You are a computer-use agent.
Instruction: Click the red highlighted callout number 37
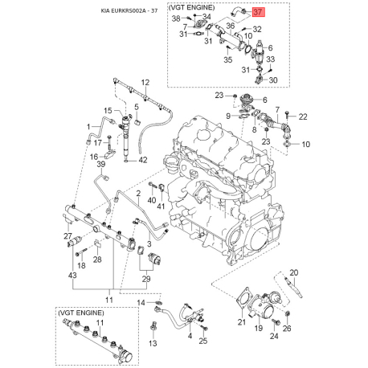[x=258, y=12]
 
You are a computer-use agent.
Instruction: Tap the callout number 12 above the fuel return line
[x=145, y=83]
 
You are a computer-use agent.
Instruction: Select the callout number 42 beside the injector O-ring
[x=143, y=160]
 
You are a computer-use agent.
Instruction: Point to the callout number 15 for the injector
[x=108, y=110]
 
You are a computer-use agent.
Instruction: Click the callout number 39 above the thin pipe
[x=101, y=164]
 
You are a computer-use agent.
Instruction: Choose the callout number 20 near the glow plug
[x=294, y=272]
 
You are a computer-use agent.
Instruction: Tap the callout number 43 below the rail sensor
[x=72, y=275]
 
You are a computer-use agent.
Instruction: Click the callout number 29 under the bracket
[x=146, y=279]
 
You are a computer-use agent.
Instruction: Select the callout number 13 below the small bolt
[x=153, y=343]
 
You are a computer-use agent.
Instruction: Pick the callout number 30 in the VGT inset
[x=273, y=80]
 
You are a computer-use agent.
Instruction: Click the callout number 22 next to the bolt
[x=303, y=117]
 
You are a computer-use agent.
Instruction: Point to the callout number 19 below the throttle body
[x=259, y=328]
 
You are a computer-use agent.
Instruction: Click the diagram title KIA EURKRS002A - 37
[x=129, y=10]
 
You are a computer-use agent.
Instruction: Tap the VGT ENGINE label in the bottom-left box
[x=80, y=313]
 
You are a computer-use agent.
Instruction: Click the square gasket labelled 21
[x=244, y=296]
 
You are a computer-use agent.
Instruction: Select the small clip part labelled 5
[x=139, y=122]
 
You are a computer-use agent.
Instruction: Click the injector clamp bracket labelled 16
[x=109, y=154]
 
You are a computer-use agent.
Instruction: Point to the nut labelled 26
[x=287, y=313]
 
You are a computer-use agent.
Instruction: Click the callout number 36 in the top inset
[x=231, y=26]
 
